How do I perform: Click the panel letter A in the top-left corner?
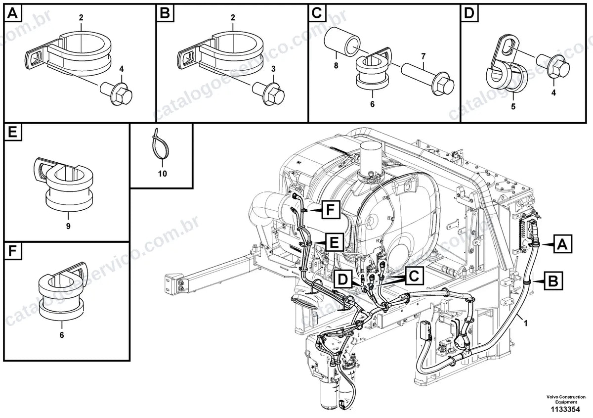coord(13,13)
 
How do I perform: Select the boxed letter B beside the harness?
coord(553,281)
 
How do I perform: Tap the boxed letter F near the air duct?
coord(331,210)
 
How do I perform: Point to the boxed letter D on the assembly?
coord(343,279)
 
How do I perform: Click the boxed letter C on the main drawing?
coord(414,276)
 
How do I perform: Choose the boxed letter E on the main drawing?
coord(335,242)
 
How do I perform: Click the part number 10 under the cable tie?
coord(162,174)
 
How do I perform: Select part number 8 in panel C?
coord(336,65)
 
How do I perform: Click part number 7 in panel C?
coord(424,56)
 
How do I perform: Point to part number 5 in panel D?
coord(513,106)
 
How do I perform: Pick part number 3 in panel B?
coord(273,69)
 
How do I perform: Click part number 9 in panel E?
coord(68,226)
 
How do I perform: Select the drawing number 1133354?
coord(565,409)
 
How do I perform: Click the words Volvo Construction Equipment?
coord(566,399)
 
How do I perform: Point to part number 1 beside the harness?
coord(526,323)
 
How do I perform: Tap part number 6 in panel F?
coord(62,335)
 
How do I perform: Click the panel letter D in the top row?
coord(469,13)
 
